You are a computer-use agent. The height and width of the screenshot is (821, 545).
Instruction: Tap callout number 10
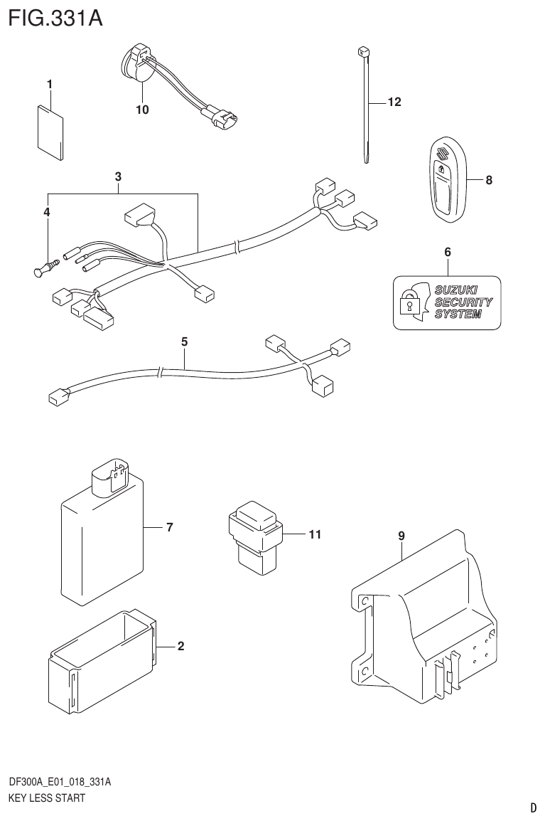click(x=142, y=110)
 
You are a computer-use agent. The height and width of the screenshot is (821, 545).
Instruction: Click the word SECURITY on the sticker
click(x=463, y=302)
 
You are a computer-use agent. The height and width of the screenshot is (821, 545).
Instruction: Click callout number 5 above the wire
click(x=184, y=342)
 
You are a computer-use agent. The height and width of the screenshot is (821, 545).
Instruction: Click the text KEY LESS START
click(x=46, y=798)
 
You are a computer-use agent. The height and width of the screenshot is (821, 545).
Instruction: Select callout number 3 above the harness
click(x=118, y=176)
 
